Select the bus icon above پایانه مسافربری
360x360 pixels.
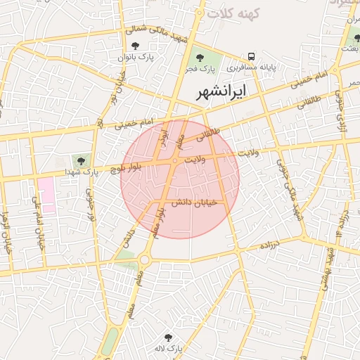click(250, 56)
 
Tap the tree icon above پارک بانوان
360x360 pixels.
click(145, 46)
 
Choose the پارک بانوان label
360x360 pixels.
click(155, 56)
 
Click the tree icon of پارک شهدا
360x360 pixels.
click(78, 162)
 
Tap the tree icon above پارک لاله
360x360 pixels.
click(167, 338)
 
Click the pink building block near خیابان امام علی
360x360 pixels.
click(46, 195)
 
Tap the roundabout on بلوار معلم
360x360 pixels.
click(145, 260)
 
